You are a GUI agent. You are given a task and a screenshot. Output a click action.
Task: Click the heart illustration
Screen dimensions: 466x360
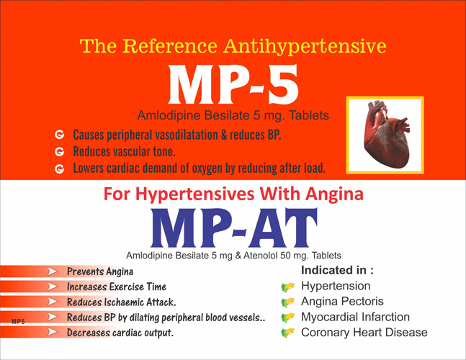[x=385, y=134]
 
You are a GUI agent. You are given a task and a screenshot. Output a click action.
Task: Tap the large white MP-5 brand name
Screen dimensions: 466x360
[x=233, y=84]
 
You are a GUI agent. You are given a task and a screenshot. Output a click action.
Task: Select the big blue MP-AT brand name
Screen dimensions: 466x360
[x=234, y=228]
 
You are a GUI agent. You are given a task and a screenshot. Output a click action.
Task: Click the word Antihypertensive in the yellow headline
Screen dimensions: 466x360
[x=305, y=47]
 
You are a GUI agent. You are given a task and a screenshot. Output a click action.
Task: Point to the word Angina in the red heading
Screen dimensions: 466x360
[x=335, y=194]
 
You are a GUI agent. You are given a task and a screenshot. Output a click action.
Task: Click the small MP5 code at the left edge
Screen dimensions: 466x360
[x=18, y=322]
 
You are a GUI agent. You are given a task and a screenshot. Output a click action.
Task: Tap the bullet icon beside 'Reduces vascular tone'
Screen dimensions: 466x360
[x=60, y=152]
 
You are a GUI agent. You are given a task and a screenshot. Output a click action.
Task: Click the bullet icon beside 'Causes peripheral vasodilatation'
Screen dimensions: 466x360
[x=60, y=135]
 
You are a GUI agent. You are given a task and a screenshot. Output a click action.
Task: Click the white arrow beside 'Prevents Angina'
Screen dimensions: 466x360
[x=53, y=271]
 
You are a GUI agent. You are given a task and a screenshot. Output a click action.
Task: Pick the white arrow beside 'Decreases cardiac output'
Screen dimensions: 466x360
[x=53, y=332]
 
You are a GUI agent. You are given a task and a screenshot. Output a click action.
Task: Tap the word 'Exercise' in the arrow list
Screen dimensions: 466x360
[x=127, y=287]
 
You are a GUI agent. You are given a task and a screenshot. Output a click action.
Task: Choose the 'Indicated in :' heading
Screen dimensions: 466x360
[x=337, y=270]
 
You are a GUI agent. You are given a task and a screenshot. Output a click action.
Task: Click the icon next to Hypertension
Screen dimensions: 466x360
[x=287, y=287]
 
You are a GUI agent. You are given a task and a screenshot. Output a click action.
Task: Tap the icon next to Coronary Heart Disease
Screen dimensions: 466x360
[x=287, y=333]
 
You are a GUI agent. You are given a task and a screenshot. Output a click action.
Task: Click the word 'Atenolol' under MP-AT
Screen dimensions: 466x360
[x=260, y=256]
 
